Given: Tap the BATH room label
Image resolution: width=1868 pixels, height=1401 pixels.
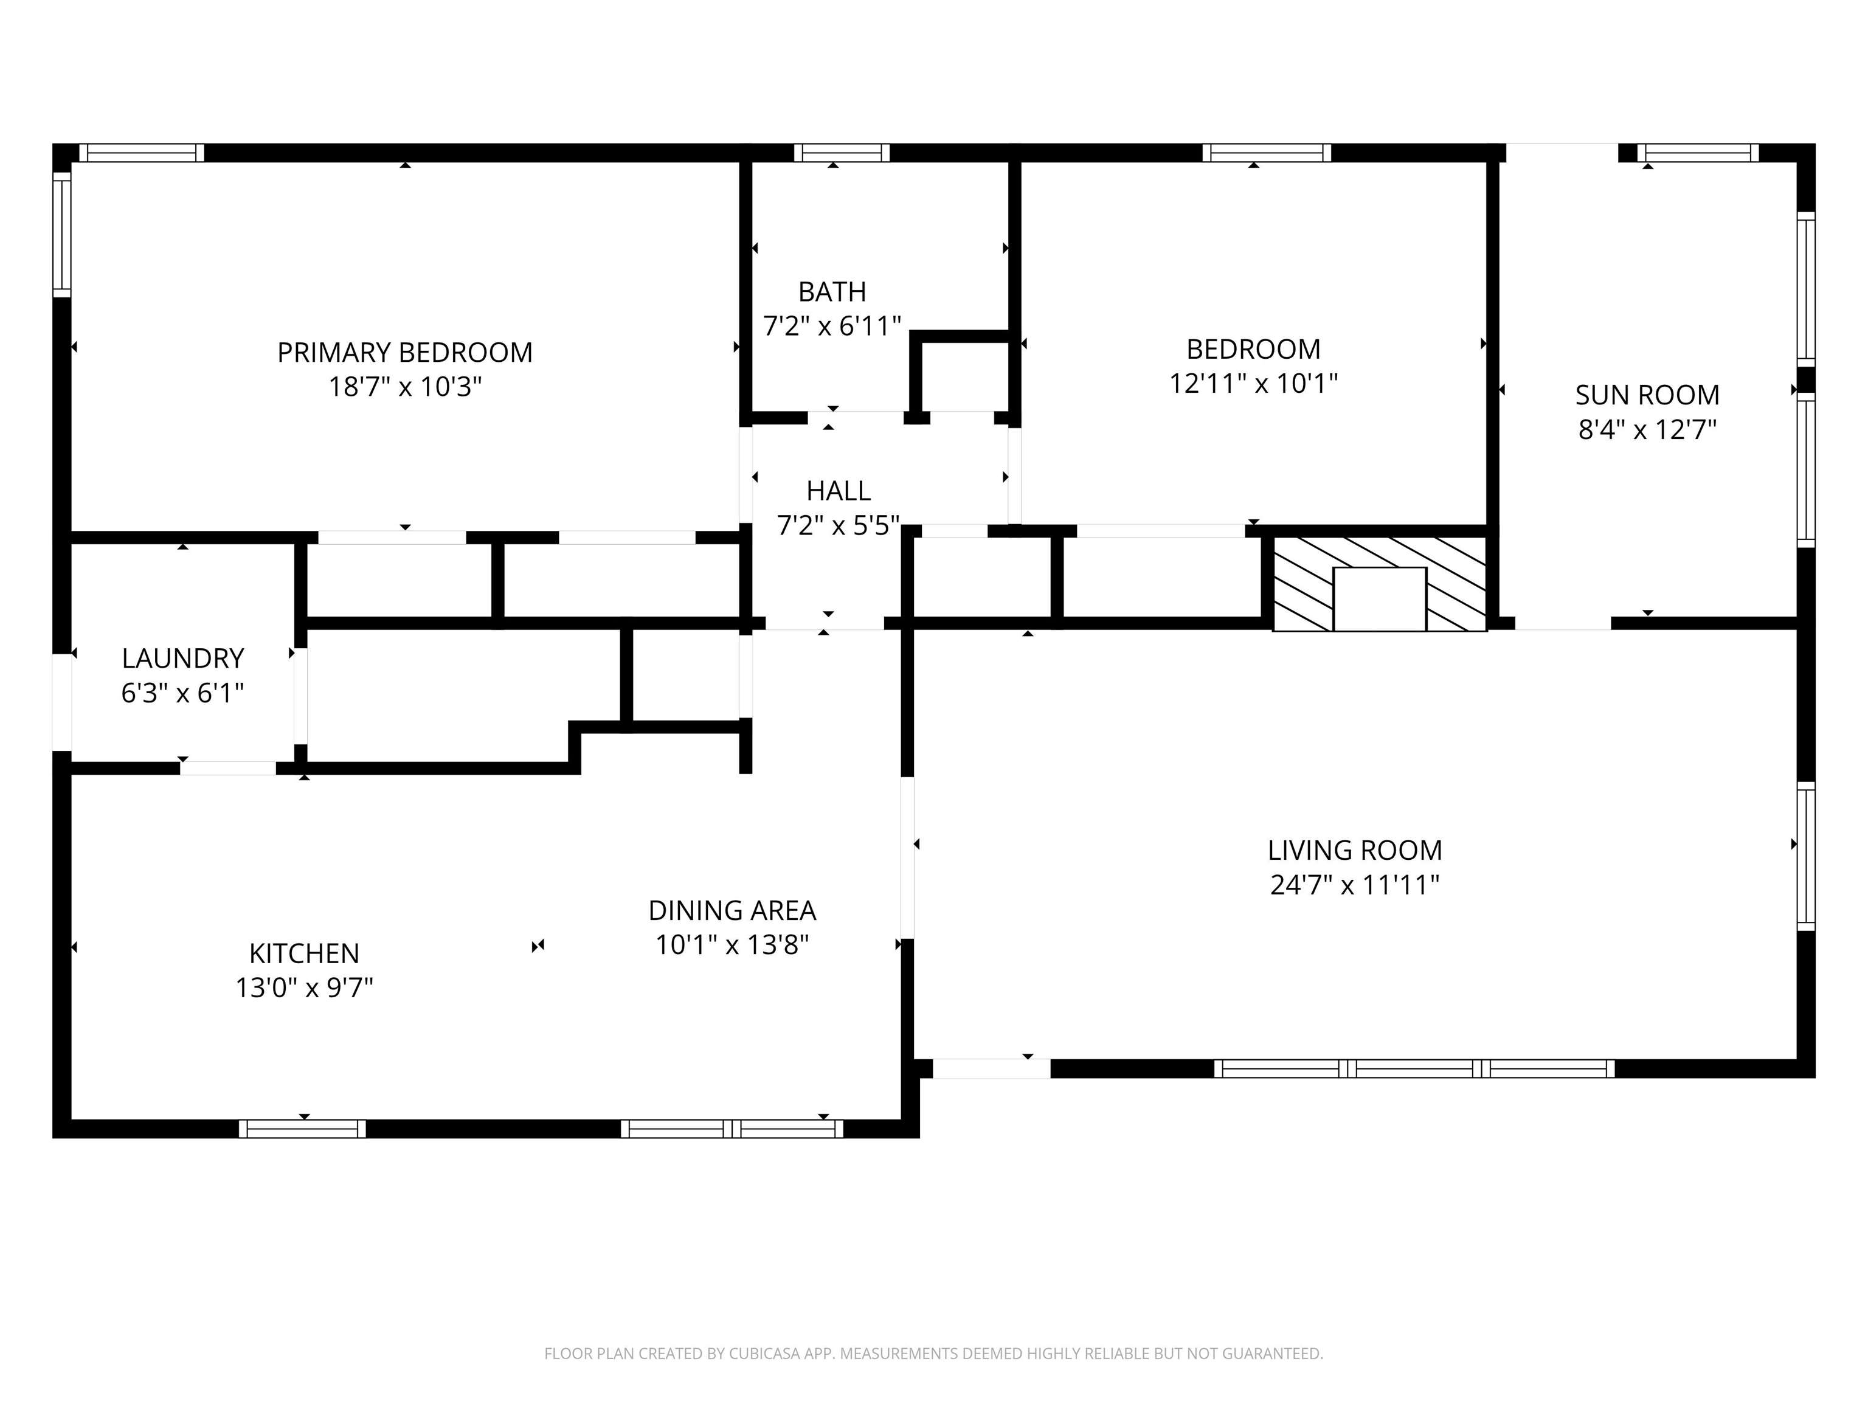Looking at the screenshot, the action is tap(832, 291).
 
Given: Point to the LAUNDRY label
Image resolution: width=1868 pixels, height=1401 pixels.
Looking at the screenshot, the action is tap(182, 658).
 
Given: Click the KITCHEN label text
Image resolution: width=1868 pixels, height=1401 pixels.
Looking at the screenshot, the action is tap(304, 953).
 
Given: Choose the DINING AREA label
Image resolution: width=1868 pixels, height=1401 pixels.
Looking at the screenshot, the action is tap(732, 910).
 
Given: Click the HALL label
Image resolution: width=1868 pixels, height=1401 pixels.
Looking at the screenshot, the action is tap(838, 491).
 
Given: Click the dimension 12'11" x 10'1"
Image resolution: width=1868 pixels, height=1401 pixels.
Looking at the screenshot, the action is tap(1253, 384).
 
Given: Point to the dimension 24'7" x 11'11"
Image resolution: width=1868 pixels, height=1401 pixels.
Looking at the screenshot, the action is tap(1355, 884).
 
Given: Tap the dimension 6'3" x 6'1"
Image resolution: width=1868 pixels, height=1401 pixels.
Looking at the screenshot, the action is tap(182, 693).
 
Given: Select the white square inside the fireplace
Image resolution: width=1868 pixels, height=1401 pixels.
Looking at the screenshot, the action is tap(1379, 599).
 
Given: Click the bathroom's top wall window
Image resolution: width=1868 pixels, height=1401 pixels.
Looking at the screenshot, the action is tap(841, 153).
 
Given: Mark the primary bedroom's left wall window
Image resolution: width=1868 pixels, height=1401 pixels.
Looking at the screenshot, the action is tap(61, 235).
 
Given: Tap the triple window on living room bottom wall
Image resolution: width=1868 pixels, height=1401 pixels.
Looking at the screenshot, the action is tap(1414, 1068).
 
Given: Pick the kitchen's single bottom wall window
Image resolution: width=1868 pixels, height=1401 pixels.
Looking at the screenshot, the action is tap(302, 1129).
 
